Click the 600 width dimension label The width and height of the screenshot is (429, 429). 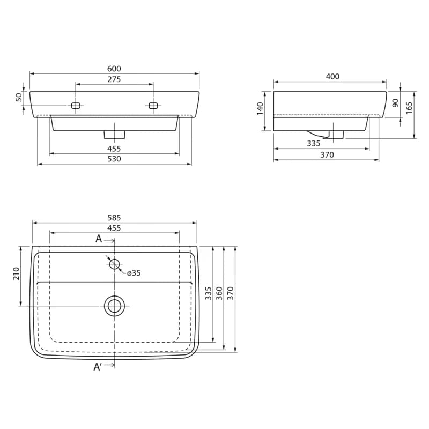pyautogui.click(x=114, y=69)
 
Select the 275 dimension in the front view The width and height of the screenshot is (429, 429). pyautogui.click(x=114, y=79)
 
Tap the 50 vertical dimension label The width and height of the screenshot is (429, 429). pyautogui.click(x=19, y=98)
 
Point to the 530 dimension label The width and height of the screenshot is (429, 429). pyautogui.click(x=114, y=159)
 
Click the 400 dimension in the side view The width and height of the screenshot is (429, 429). pyautogui.click(x=332, y=76)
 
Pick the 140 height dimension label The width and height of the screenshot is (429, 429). pyautogui.click(x=260, y=109)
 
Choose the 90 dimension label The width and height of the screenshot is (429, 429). pyautogui.click(x=395, y=103)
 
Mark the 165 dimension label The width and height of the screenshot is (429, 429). pyautogui.click(x=409, y=108)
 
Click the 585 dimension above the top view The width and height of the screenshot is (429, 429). pyautogui.click(x=114, y=218)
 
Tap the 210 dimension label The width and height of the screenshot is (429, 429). pyautogui.click(x=17, y=273)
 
